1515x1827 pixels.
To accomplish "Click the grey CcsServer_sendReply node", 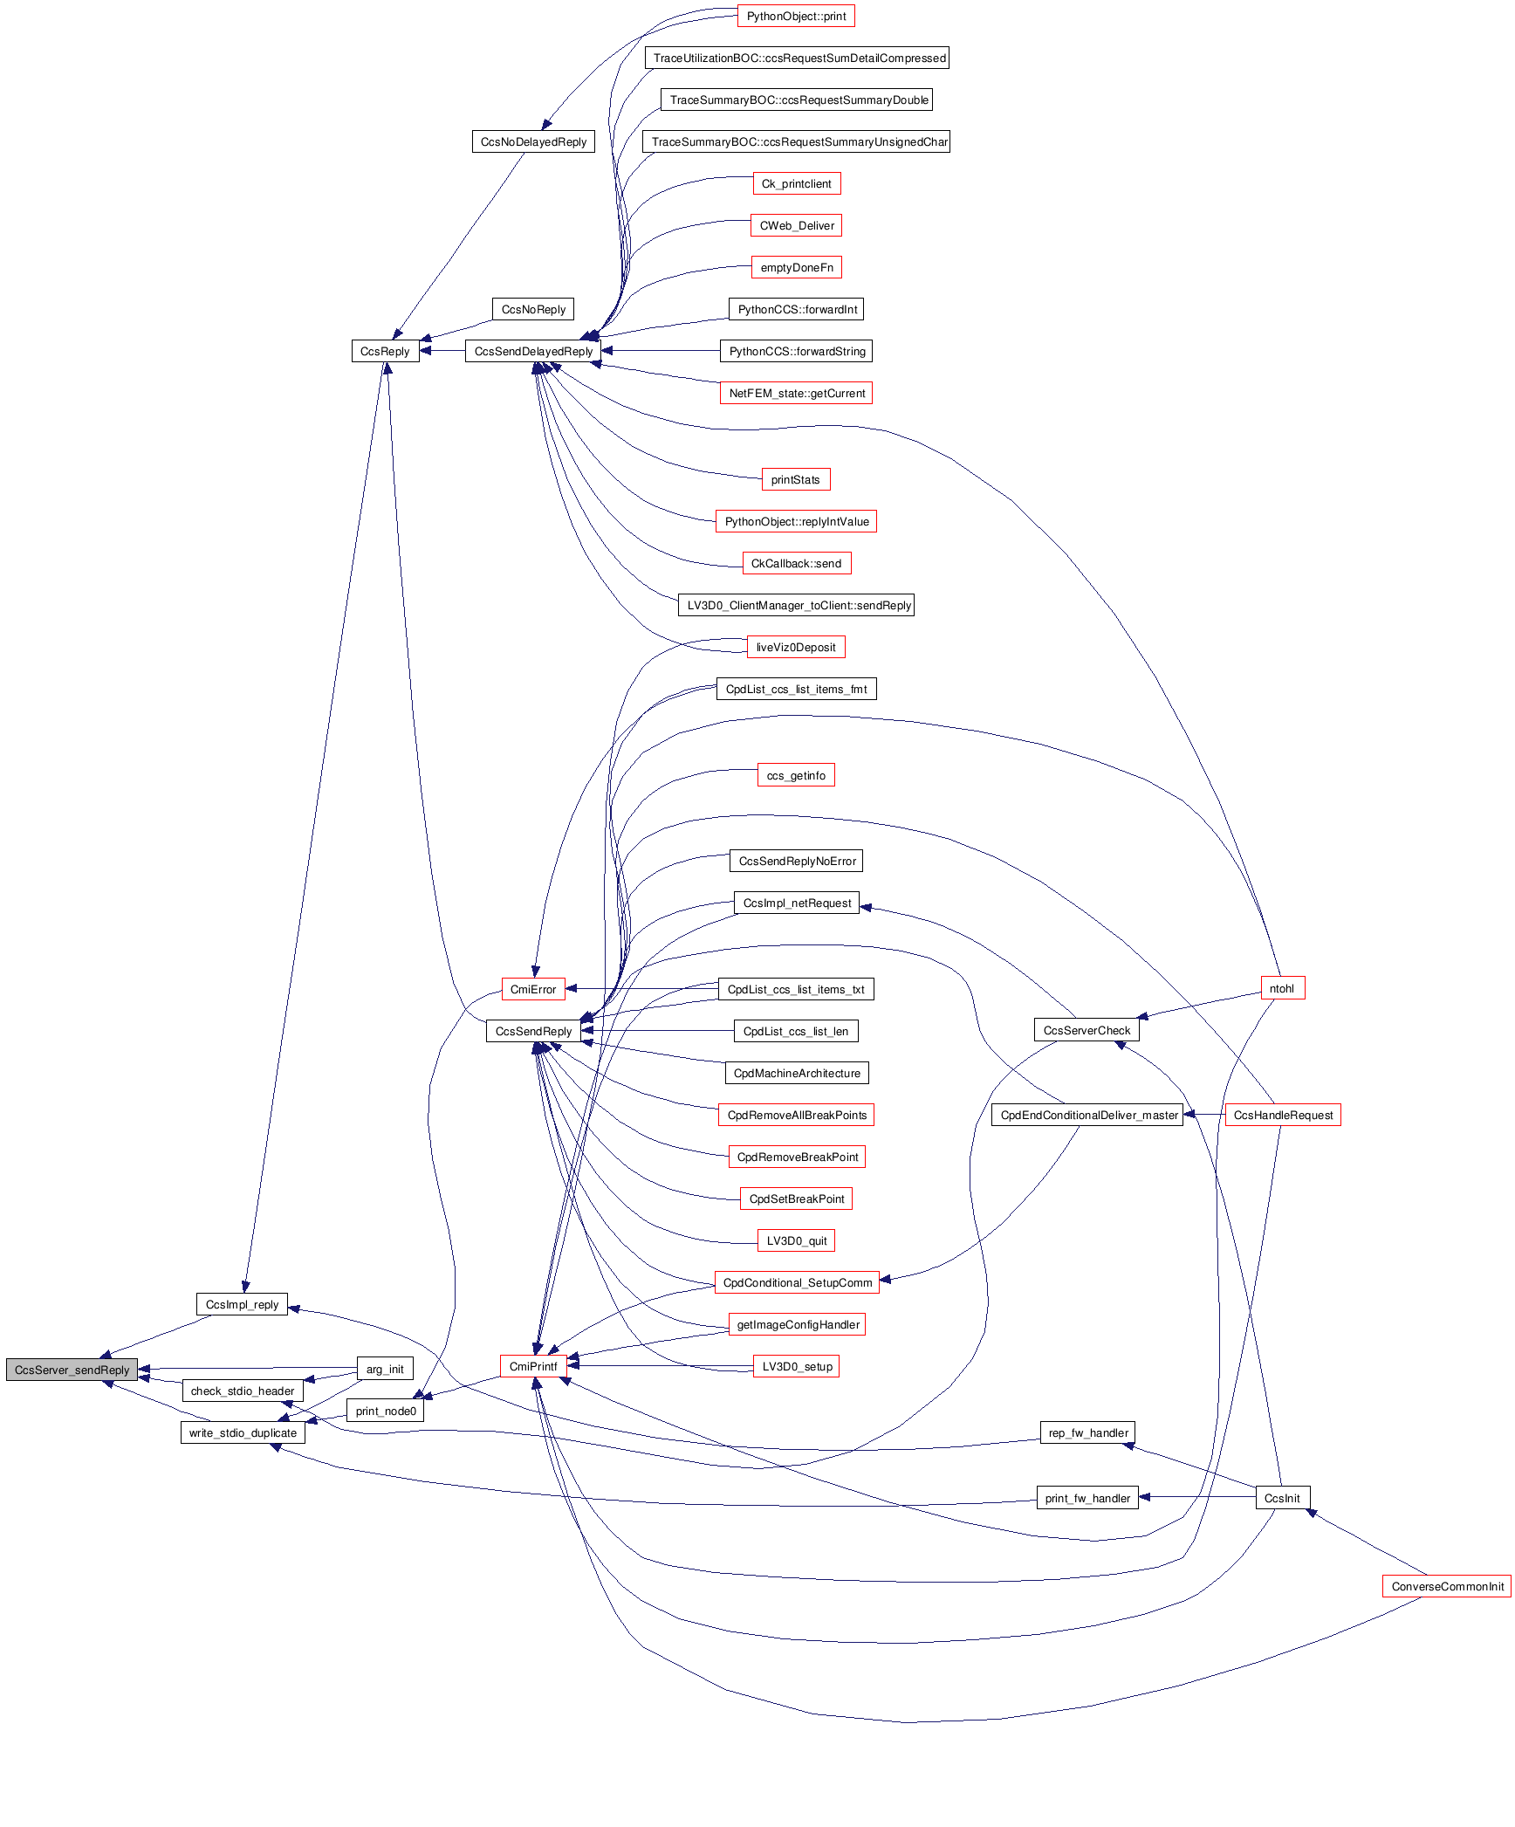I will (x=72, y=1370).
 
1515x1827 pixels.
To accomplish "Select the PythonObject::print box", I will (x=796, y=17).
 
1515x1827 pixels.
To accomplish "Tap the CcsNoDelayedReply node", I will (x=533, y=142).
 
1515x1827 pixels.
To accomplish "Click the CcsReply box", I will (x=385, y=352).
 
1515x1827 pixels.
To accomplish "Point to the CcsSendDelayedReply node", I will (x=533, y=352).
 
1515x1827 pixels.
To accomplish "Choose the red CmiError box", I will (x=533, y=989).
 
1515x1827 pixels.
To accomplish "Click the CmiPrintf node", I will (x=533, y=1366).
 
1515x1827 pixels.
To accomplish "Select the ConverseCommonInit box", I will (x=1447, y=1586).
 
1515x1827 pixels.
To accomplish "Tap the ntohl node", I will (x=1282, y=988).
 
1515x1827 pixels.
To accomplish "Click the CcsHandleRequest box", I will (x=1283, y=1115).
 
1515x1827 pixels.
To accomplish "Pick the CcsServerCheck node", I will (x=1087, y=1030).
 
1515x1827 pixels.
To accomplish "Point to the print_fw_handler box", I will (x=1087, y=1498).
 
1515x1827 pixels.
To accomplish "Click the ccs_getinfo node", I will (x=796, y=775).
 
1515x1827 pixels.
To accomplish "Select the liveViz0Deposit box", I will (x=796, y=647).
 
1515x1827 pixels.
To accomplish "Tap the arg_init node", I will (x=385, y=1369).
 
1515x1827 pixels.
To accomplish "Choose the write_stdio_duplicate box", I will (x=243, y=1432).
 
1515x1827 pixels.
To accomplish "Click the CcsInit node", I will (x=1282, y=1498).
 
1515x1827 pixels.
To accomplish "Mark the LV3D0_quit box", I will (x=796, y=1240).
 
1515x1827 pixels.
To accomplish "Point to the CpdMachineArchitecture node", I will (x=797, y=1073).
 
